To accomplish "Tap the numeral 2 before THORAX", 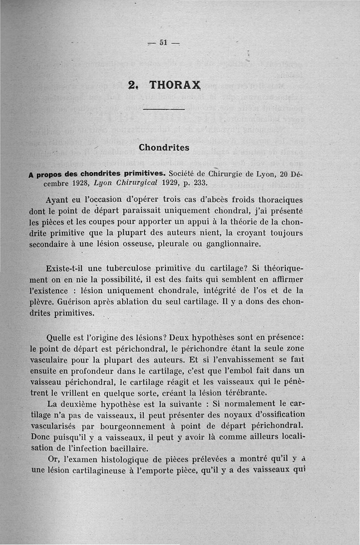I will pos(132,85).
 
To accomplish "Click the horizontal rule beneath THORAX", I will pos(163,109).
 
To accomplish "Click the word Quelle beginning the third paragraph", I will pos(62,338).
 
